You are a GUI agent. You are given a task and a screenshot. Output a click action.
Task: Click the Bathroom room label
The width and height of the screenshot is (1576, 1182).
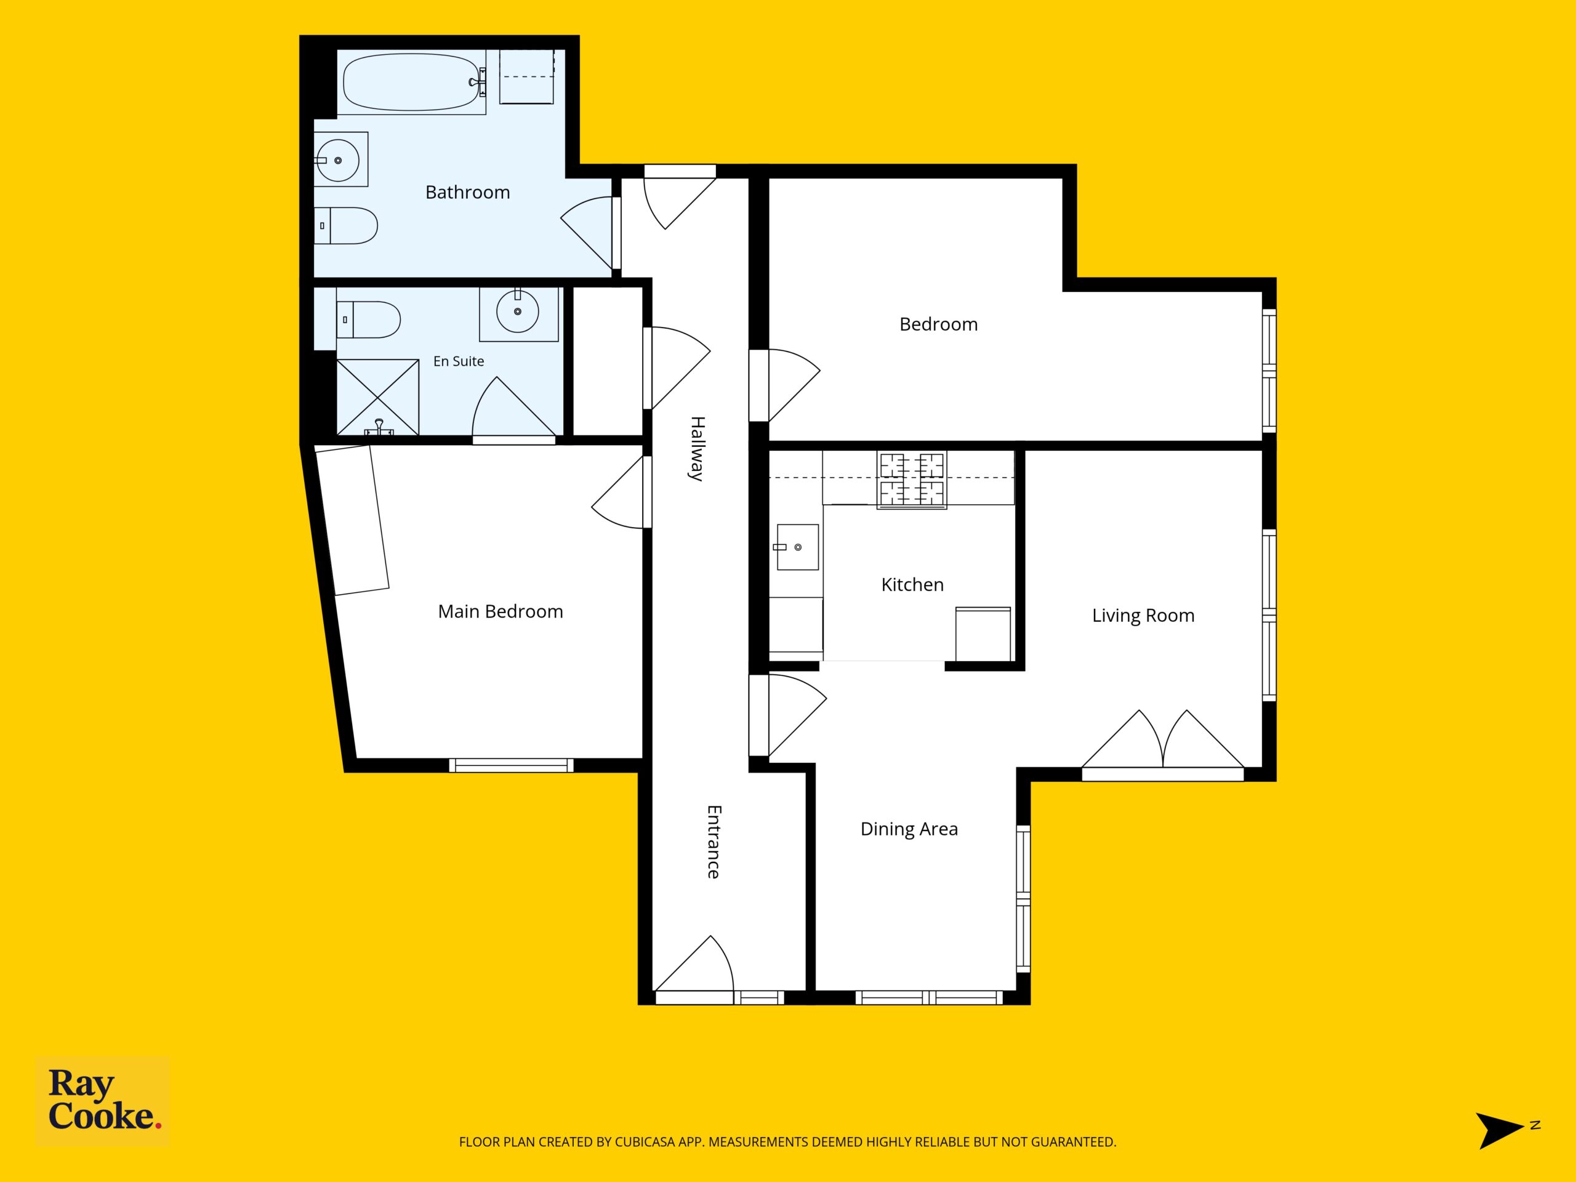[467, 192]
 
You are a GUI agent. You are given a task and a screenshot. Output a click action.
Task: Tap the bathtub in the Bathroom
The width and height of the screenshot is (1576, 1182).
[412, 82]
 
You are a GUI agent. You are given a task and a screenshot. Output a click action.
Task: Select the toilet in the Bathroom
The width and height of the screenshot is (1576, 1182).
[345, 226]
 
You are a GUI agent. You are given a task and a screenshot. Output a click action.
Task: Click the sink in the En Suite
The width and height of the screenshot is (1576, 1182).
[518, 312]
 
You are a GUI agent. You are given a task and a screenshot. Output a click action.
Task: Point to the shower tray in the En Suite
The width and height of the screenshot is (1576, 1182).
[377, 397]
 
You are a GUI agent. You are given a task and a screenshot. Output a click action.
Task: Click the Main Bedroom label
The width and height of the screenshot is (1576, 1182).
[500, 611]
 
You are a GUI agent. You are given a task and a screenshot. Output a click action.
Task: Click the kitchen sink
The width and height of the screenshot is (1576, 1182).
[797, 547]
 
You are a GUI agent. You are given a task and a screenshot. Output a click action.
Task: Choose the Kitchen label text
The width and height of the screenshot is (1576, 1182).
[912, 585]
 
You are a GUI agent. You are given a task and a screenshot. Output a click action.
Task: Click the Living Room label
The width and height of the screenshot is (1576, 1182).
[1143, 616]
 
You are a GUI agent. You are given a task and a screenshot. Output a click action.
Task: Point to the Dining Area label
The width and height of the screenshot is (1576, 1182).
[909, 829]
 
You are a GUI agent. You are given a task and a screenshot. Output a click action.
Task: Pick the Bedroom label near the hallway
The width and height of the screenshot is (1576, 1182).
[938, 324]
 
